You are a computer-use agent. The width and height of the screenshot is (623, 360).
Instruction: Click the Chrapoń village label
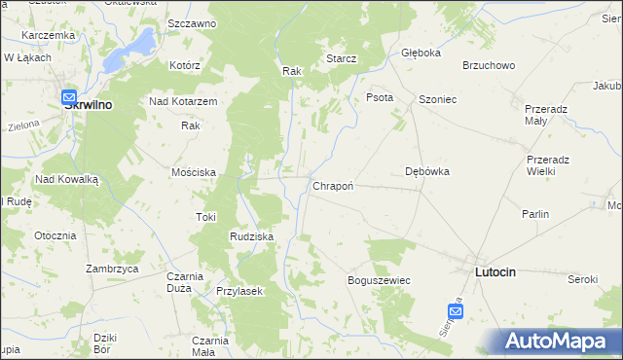click(332, 185)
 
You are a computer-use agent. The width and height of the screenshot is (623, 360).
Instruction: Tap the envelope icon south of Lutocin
click(456, 310)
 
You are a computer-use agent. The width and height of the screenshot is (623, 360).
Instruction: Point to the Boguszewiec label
click(379, 280)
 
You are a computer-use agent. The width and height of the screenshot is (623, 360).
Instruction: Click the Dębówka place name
click(426, 171)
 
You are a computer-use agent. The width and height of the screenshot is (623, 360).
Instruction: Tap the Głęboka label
click(421, 54)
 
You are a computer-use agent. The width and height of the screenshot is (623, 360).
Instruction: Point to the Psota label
click(379, 97)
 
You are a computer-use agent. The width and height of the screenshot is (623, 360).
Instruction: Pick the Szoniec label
click(437, 100)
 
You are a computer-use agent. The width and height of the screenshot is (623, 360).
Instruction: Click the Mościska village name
click(193, 171)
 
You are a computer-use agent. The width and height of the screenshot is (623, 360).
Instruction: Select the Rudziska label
click(251, 236)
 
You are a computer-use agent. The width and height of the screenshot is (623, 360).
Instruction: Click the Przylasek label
click(240, 291)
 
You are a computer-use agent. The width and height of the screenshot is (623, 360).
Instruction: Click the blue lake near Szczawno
click(138, 43)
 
